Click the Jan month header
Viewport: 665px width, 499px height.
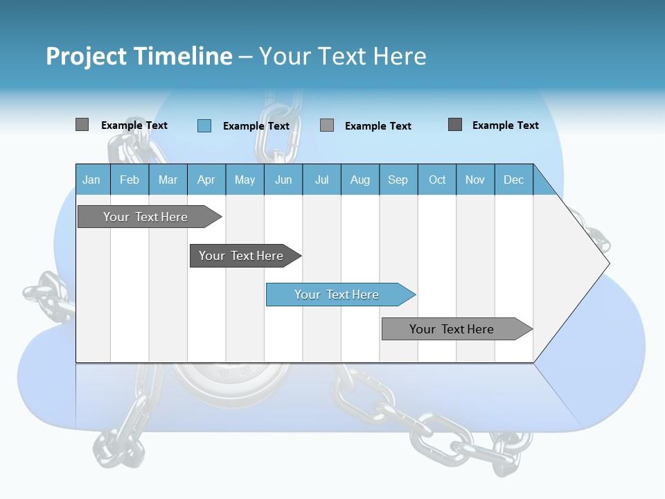(92, 180)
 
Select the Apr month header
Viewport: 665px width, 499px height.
(206, 180)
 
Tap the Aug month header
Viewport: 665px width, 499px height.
(360, 180)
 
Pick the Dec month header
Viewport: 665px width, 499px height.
(514, 180)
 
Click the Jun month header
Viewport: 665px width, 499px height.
(283, 180)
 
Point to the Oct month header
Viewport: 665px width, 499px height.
(437, 180)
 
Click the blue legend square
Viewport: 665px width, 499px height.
(204, 125)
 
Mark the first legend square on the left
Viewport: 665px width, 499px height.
(82, 125)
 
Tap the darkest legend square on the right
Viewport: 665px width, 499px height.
(455, 125)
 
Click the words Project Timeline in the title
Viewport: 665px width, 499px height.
(139, 56)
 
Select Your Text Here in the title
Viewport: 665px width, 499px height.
(342, 56)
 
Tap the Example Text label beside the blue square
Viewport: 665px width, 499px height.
(256, 126)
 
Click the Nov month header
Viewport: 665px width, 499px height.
(475, 180)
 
